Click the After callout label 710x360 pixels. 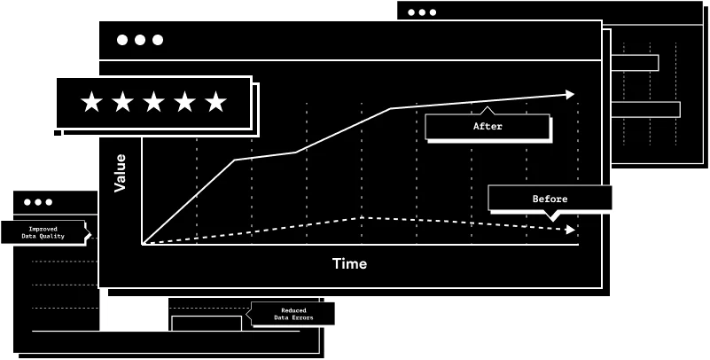(x=488, y=127)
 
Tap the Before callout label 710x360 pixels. (x=550, y=199)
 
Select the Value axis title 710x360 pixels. (x=121, y=173)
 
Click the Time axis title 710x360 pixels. (x=349, y=263)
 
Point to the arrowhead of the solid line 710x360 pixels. (x=570, y=94)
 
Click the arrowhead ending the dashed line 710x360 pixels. (x=571, y=230)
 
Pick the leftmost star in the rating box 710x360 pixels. (x=91, y=102)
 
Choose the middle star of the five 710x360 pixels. (x=153, y=102)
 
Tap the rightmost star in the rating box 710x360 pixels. (x=215, y=102)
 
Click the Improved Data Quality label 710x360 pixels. (x=43, y=232)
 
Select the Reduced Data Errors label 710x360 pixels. (x=293, y=314)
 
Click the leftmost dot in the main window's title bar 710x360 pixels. (x=122, y=40)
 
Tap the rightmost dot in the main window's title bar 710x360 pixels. (x=158, y=40)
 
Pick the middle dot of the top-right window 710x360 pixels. (x=422, y=12)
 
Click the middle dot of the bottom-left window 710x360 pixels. (x=38, y=202)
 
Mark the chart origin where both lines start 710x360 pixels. (x=143, y=244)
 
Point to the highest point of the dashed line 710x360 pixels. (x=362, y=217)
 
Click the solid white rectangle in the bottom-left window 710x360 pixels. (x=134, y=314)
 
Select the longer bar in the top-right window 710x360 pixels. (x=645, y=109)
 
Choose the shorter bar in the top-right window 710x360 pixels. (x=635, y=63)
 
